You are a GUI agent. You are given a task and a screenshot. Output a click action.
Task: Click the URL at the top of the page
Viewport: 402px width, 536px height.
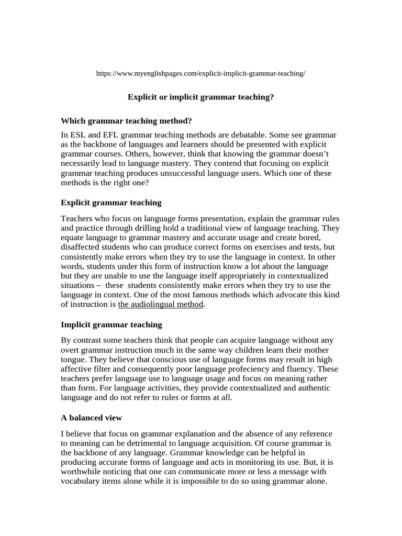[200, 74]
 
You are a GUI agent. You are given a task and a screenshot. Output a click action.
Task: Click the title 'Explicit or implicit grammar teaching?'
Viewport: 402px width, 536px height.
[201, 97]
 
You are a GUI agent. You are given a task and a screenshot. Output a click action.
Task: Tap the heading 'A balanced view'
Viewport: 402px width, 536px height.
[92, 417]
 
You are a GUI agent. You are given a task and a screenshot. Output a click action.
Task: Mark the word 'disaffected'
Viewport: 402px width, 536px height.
[81, 247]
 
